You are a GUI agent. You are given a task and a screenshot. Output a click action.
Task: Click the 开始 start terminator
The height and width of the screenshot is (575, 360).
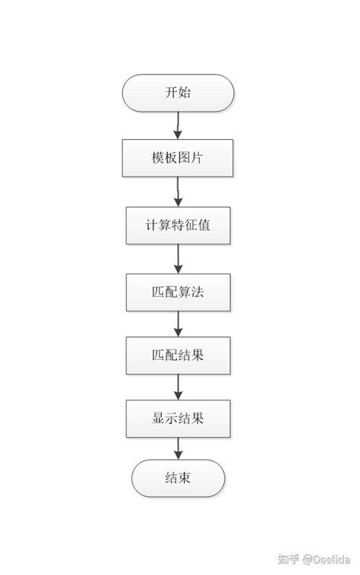(178, 93)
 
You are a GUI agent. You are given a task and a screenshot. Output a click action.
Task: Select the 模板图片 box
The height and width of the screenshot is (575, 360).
(178, 158)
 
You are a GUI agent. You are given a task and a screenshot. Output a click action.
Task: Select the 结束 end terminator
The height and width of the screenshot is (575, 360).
(178, 479)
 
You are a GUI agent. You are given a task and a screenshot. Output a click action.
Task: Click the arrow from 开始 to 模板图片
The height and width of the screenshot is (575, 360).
(178, 125)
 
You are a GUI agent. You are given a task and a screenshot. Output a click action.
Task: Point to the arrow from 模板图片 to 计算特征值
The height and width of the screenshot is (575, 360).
(178, 191)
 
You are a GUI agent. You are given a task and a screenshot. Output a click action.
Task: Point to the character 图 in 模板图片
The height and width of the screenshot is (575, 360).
(184, 158)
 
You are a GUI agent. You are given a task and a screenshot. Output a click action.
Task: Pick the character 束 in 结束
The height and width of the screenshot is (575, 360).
(185, 479)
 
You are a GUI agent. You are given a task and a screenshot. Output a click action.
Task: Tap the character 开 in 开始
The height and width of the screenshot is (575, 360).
(171, 93)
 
